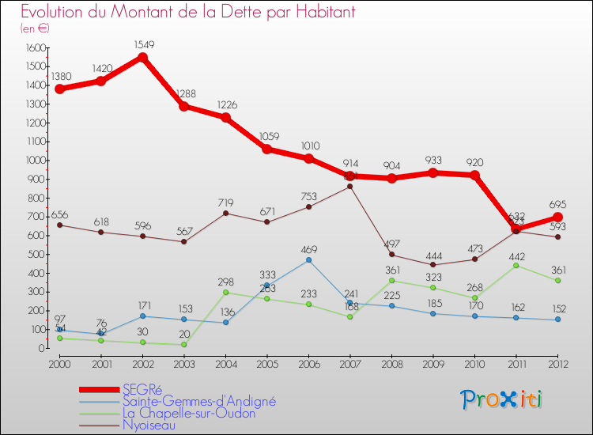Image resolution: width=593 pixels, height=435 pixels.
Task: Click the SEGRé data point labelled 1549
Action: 142,57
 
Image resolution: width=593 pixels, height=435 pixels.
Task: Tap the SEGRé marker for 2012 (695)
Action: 557,217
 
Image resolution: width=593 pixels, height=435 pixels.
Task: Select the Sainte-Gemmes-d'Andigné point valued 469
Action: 308,259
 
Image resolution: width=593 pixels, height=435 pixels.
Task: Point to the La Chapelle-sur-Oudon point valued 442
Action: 516,265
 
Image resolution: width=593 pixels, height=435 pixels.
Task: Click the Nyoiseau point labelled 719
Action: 225,213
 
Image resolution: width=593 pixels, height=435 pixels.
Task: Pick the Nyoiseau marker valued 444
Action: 432,265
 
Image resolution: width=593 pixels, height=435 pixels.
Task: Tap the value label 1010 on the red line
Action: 308,146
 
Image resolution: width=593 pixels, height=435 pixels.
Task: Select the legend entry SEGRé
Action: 142,389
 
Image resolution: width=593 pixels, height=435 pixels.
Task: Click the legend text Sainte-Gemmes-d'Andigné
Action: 198,401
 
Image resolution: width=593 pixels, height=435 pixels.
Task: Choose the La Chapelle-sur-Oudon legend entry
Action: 189,413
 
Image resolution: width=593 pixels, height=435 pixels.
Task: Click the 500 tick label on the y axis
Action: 36,254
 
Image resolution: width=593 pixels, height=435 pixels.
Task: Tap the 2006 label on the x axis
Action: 308,363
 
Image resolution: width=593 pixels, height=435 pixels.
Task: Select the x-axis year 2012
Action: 557,363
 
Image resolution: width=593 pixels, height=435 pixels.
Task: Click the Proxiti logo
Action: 502,399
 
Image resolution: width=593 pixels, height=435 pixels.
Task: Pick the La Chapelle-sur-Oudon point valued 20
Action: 183,344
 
